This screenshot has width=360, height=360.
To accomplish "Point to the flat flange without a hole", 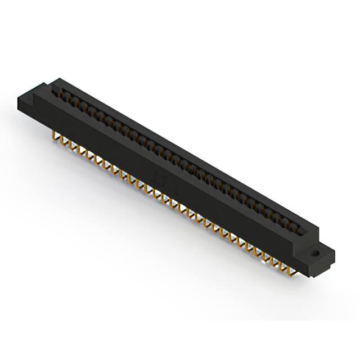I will [x=31, y=97].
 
